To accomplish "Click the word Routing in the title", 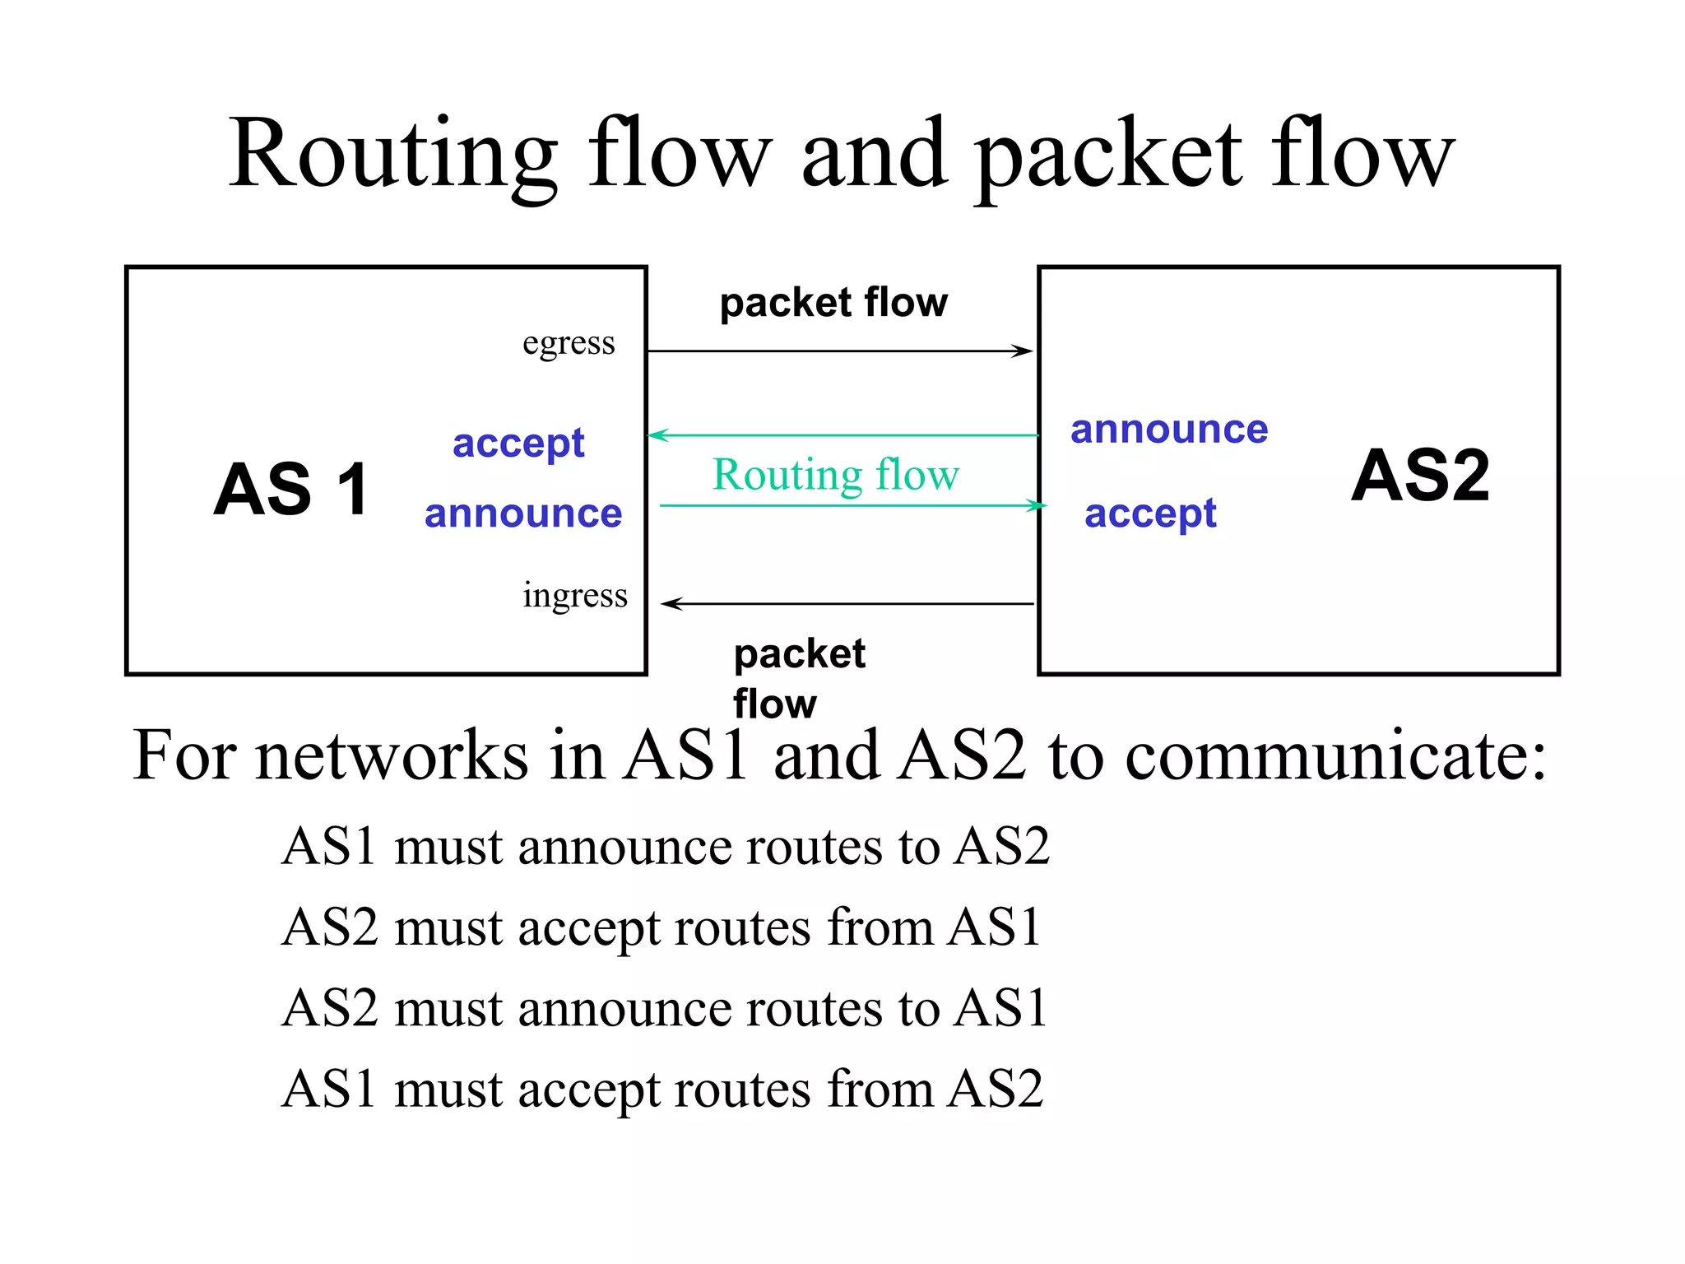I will (393, 155).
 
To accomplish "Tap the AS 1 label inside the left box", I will (291, 490).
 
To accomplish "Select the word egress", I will (569, 343).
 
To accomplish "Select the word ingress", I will (574, 595).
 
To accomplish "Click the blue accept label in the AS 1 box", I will (518, 444).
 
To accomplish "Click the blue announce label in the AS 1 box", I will (523, 514).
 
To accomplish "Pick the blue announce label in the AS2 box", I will (1169, 430).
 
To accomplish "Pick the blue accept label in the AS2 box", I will (1149, 514).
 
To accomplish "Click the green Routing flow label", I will (835, 475).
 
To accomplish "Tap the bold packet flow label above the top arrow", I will (833, 303).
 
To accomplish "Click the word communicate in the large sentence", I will (1335, 755).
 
